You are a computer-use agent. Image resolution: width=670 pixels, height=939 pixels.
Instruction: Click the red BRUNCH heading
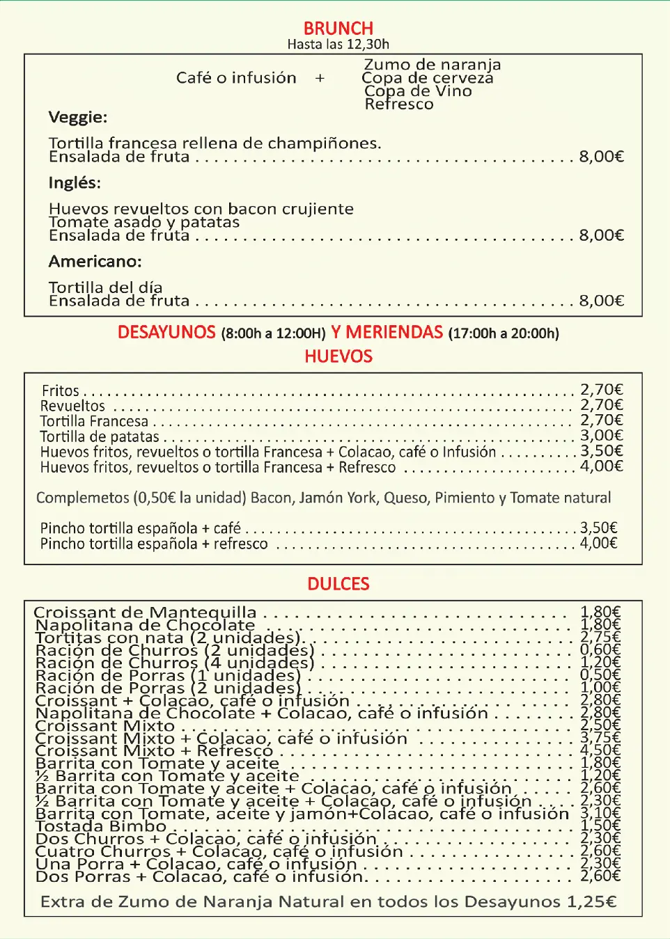[x=338, y=29]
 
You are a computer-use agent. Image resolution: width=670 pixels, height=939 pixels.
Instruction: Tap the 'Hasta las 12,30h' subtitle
[x=338, y=45]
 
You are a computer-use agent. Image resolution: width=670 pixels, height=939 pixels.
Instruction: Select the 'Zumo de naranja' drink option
[x=432, y=65]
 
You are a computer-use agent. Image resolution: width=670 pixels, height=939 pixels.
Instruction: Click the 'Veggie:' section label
[x=78, y=117]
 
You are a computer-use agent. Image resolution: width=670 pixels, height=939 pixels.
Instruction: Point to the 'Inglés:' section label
[x=75, y=183]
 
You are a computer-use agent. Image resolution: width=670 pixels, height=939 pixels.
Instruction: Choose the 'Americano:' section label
[x=95, y=262]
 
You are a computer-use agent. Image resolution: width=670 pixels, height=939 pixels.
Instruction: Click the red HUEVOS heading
[x=338, y=356]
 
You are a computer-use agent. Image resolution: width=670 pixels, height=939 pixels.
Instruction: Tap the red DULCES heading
[x=338, y=584]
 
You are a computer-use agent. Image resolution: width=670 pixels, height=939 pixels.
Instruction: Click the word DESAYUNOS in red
[x=166, y=332]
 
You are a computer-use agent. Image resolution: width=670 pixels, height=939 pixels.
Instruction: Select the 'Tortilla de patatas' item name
[x=100, y=437]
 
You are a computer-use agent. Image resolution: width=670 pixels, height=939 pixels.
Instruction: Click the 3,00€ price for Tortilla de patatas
[x=601, y=436]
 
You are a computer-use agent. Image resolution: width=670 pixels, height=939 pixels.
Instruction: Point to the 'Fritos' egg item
[x=61, y=390]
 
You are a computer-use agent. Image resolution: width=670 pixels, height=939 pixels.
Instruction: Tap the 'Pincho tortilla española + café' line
[x=140, y=528]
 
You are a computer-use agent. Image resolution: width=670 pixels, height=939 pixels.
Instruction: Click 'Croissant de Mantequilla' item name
[x=145, y=613]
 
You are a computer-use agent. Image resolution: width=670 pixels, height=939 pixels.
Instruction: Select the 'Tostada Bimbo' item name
[x=101, y=826]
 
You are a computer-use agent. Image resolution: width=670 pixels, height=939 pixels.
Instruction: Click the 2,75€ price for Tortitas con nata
[x=600, y=637]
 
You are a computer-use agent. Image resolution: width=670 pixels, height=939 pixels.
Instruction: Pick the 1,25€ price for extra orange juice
[x=591, y=902]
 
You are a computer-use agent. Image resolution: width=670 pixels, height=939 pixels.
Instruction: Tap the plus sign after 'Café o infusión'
[x=320, y=78]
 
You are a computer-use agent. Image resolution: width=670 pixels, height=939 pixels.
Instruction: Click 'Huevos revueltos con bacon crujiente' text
[x=201, y=209]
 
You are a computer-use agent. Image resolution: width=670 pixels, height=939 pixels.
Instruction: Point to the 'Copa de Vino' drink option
[x=418, y=91]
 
